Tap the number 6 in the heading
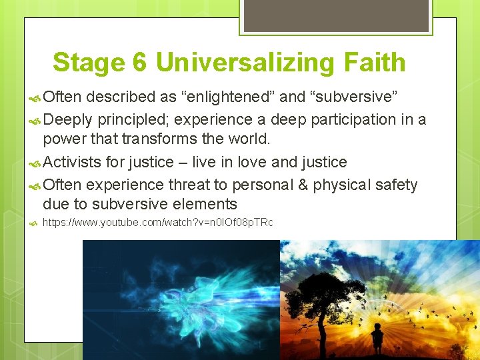pyautogui.click(x=139, y=63)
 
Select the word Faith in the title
pyautogui.click(x=375, y=63)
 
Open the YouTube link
pyautogui.click(x=157, y=223)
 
